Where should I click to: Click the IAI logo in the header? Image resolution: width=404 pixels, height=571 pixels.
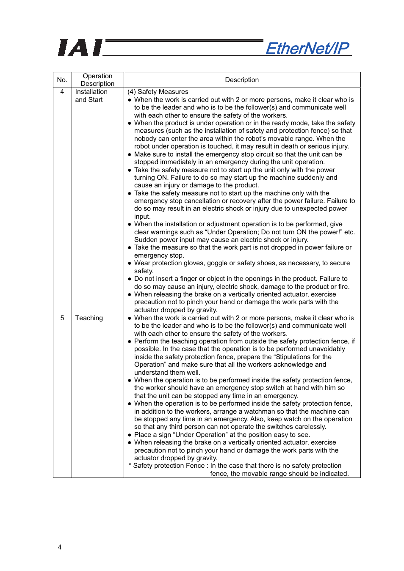[80, 48]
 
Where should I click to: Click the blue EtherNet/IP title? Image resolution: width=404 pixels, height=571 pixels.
[307, 49]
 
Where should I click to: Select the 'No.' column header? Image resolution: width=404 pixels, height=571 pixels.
[62, 80]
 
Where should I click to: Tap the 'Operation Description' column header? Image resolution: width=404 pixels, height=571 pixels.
[97, 80]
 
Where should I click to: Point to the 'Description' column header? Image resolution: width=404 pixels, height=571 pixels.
[242, 80]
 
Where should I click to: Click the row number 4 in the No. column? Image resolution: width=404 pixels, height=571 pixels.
[62, 92]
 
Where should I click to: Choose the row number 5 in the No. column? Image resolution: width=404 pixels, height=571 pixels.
[62, 318]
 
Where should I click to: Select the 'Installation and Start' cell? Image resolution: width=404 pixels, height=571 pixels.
[91, 96]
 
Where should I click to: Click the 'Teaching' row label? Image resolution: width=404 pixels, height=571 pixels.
[89, 318]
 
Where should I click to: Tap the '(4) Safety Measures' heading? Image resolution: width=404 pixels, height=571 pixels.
[158, 92]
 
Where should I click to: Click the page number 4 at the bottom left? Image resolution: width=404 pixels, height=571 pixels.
[60, 547]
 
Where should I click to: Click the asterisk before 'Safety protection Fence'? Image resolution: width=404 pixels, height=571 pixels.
[130, 466]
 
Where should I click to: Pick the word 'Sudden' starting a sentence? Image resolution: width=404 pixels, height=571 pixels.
[146, 240]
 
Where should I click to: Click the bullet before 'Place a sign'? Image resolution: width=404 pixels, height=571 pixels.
[130, 435]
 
